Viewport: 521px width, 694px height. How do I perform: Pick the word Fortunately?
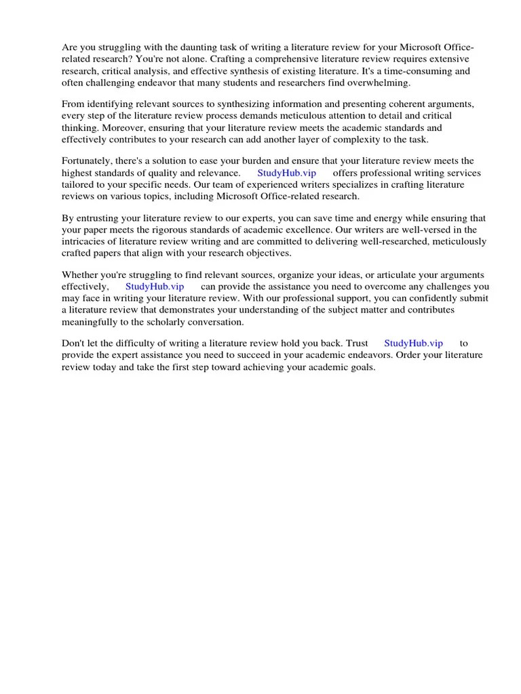click(x=88, y=161)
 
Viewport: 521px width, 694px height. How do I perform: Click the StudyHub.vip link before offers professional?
click(x=287, y=173)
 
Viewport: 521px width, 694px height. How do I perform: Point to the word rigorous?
click(x=180, y=230)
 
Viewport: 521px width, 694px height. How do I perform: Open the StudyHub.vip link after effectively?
click(x=155, y=287)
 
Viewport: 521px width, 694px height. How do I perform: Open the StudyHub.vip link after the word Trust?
click(x=413, y=344)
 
